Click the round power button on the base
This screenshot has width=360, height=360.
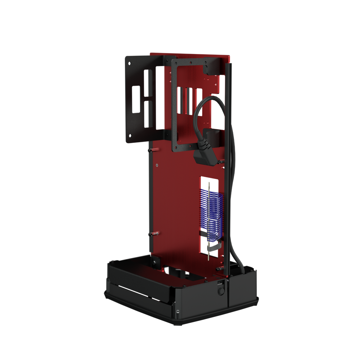pos(221,291)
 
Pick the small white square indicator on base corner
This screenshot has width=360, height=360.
pos(177,311)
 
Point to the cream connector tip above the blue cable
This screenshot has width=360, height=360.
pos(209,185)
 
